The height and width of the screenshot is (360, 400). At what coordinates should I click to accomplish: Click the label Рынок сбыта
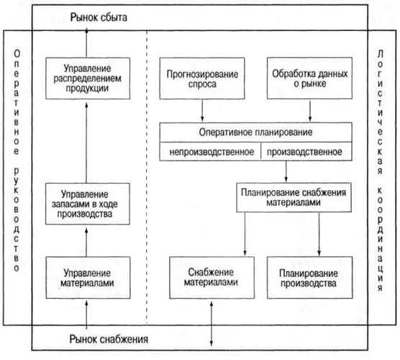click(x=99, y=17)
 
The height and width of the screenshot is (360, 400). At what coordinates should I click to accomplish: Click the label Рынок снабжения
click(x=109, y=339)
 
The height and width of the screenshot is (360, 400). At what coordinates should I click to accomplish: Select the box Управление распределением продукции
click(x=88, y=78)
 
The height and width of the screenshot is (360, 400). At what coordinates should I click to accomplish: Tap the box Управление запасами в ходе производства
click(x=88, y=204)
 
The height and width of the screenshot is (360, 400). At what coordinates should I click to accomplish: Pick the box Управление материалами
click(x=88, y=277)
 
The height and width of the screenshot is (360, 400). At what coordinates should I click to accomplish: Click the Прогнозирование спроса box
click(x=202, y=78)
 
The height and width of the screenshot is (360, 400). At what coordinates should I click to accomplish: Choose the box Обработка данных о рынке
click(x=309, y=78)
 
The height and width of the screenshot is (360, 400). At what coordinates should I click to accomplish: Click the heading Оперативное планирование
click(x=255, y=132)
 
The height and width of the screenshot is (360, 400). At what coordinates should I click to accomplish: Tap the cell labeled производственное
click(x=306, y=151)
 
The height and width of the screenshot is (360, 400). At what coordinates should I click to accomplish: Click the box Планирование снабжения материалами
click(x=294, y=197)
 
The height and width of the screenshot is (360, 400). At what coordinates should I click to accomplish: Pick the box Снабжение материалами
click(x=212, y=277)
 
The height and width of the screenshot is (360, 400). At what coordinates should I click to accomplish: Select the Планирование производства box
click(x=309, y=277)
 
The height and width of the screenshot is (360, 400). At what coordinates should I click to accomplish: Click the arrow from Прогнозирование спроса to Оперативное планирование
click(x=202, y=111)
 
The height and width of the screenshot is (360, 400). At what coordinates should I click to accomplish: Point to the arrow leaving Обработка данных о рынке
click(x=310, y=111)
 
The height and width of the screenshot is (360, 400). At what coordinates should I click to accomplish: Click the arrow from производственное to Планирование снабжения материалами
click(x=286, y=171)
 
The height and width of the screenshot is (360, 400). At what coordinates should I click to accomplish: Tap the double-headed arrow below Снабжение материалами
click(x=212, y=324)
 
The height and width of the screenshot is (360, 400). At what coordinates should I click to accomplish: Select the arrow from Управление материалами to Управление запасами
click(x=86, y=242)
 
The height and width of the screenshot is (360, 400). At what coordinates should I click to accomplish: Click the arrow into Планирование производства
click(x=319, y=234)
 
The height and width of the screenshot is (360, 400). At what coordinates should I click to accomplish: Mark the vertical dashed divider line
click(x=147, y=177)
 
